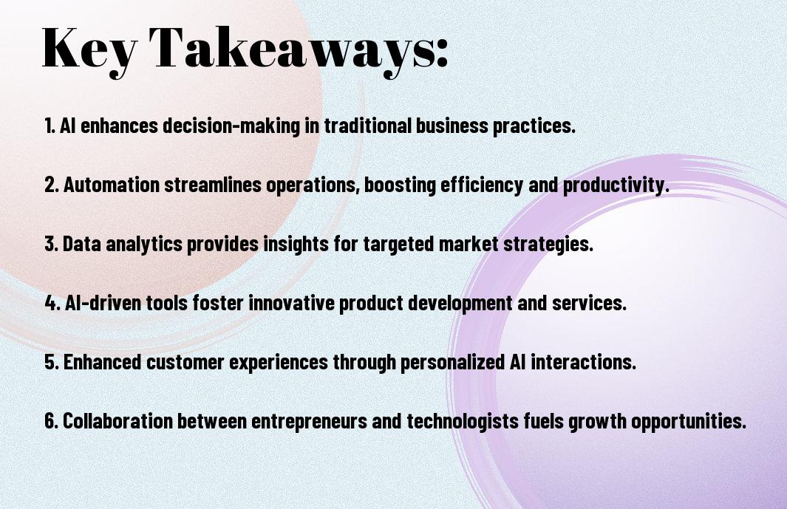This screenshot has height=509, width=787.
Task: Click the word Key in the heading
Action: (89, 49)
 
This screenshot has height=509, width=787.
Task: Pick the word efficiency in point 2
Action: (482, 185)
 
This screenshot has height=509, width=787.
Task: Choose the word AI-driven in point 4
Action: (103, 303)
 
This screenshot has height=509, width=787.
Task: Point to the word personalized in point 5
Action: (452, 362)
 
